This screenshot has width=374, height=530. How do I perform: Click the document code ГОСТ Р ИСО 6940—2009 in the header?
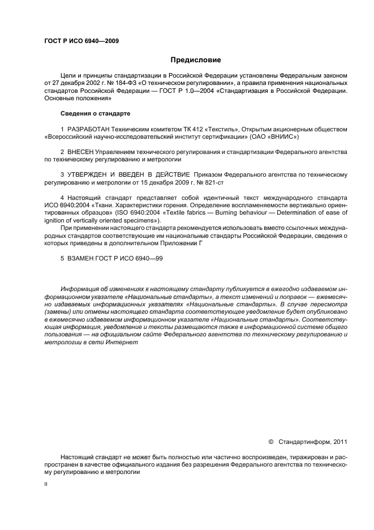click(81, 41)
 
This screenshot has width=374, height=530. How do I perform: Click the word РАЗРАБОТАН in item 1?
click(88, 129)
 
